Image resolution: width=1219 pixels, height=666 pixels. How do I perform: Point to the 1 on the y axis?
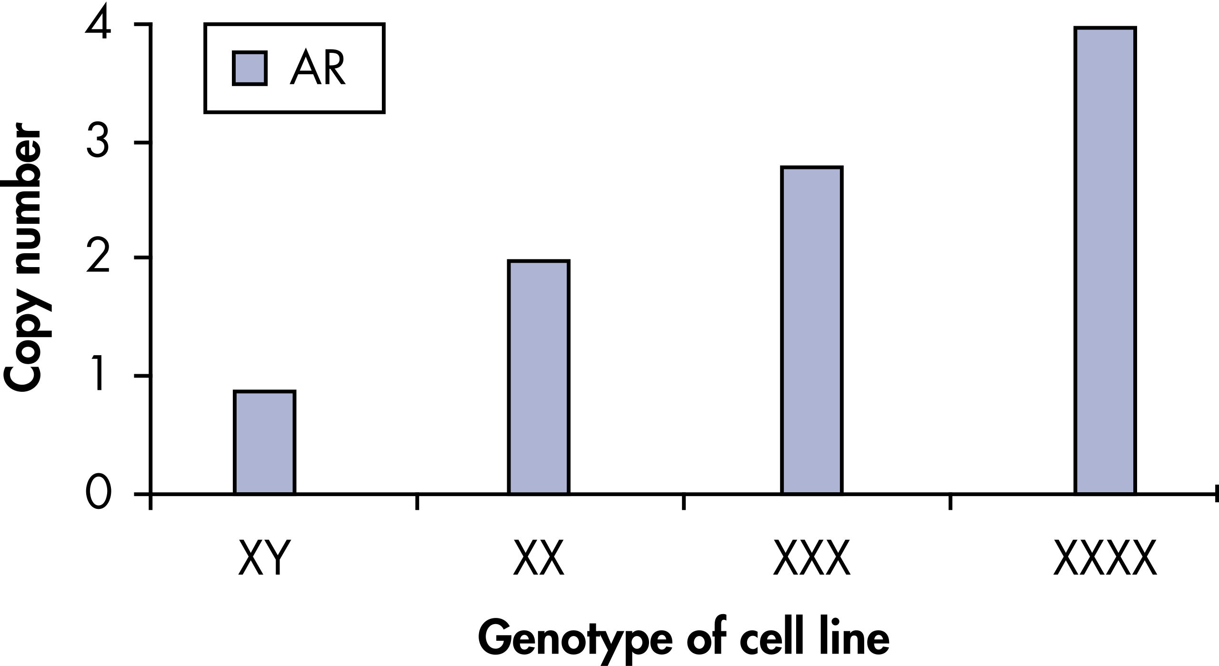(99, 375)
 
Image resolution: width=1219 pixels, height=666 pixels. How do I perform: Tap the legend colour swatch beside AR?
(250, 69)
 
